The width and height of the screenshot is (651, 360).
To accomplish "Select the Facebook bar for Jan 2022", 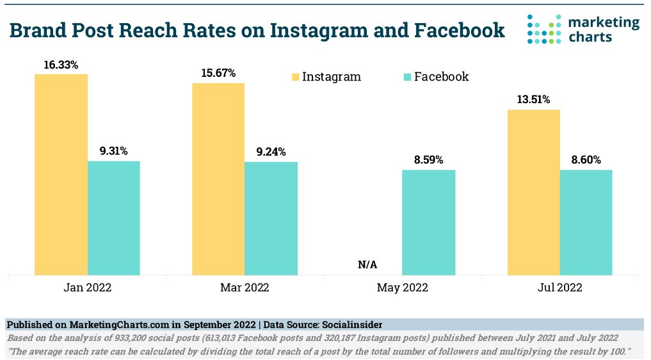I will (113, 218).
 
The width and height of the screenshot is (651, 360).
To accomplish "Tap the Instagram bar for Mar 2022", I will (218, 179).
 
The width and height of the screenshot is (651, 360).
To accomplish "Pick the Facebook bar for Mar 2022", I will (271, 218).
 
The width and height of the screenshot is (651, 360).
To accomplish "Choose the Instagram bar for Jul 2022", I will (533, 193).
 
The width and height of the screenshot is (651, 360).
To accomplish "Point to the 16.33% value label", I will (61, 65).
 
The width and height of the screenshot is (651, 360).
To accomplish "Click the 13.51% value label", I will (533, 100).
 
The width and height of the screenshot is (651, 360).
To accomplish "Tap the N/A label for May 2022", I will (367, 265).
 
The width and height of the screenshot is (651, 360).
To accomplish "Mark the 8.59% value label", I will (428, 160).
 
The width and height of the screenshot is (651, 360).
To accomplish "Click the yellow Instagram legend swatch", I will (295, 77).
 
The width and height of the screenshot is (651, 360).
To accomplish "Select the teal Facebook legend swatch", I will (407, 77).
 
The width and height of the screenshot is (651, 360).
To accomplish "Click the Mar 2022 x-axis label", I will (245, 288).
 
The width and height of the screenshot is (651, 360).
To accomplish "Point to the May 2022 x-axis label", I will (402, 288).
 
